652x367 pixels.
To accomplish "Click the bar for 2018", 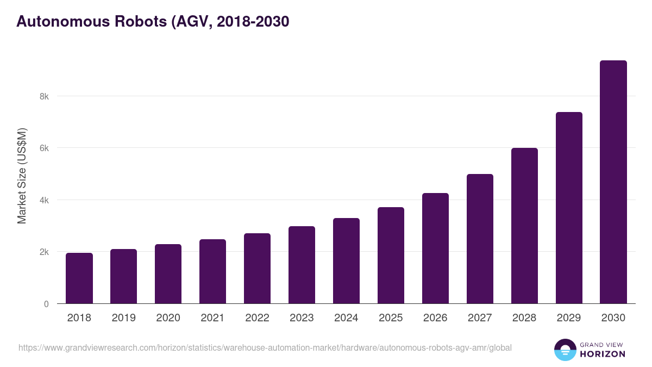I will [x=79, y=278].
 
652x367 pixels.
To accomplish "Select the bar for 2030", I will [x=613, y=182].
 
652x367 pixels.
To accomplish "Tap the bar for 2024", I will [x=346, y=261].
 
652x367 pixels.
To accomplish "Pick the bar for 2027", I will [x=480, y=239].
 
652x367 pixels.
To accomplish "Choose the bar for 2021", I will [x=212, y=271].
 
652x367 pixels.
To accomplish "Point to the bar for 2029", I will [x=569, y=208].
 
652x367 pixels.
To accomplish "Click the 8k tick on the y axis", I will [x=44, y=96].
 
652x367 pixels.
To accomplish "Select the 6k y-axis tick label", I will [x=44, y=148].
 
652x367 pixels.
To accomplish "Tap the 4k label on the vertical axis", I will [x=44, y=200].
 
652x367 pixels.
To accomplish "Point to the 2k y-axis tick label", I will [x=44, y=252].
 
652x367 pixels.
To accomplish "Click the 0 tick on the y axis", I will [x=47, y=304].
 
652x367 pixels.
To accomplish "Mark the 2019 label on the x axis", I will [x=123, y=318].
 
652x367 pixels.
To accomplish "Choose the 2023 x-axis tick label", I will [x=302, y=318].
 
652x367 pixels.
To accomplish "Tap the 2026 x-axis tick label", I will [x=435, y=318].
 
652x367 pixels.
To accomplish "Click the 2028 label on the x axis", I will [x=524, y=318].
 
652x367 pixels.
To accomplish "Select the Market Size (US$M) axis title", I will [x=22, y=175].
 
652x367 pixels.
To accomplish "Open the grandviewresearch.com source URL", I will [x=265, y=347].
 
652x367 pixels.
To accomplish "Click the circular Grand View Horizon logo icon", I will [x=565, y=350].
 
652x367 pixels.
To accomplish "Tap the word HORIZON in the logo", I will [x=603, y=354].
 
